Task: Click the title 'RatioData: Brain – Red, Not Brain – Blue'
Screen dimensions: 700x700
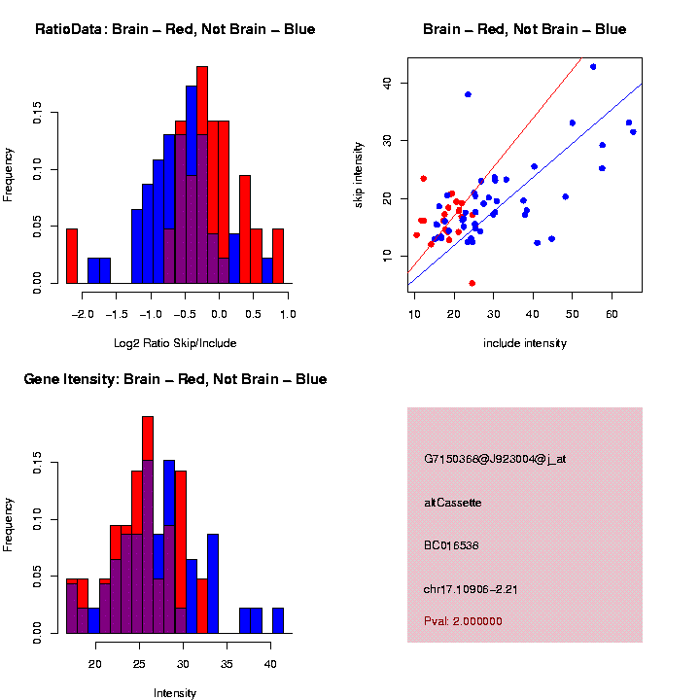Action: pyautogui.click(x=175, y=30)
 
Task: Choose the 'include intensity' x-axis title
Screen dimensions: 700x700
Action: pyautogui.click(x=524, y=343)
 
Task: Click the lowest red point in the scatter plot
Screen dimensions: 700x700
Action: pyautogui.click(x=472, y=283)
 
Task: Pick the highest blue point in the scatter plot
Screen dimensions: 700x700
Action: pyautogui.click(x=593, y=67)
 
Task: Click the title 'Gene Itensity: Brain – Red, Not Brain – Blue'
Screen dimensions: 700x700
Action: pyautogui.click(x=175, y=379)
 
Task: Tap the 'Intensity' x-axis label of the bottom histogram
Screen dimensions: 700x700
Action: pyautogui.click(x=175, y=693)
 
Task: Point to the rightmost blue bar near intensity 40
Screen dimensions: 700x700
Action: pyautogui.click(x=278, y=621)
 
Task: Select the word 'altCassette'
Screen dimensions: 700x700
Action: pyautogui.click(x=452, y=503)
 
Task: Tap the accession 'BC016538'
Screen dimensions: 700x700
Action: pyautogui.click(x=452, y=545)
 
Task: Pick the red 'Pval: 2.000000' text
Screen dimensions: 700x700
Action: pyautogui.click(x=463, y=621)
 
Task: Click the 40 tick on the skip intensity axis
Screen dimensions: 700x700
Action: pyautogui.click(x=387, y=84)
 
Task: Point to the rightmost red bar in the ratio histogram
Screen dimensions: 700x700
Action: pyautogui.click(x=278, y=257)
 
